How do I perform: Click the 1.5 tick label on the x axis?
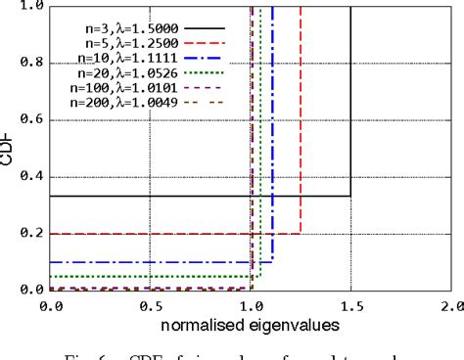350,307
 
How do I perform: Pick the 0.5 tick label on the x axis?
151,307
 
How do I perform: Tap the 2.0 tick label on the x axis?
450,307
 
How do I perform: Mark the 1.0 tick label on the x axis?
251,307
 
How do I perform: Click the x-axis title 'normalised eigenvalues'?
251,324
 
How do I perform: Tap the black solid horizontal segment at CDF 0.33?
196,197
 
